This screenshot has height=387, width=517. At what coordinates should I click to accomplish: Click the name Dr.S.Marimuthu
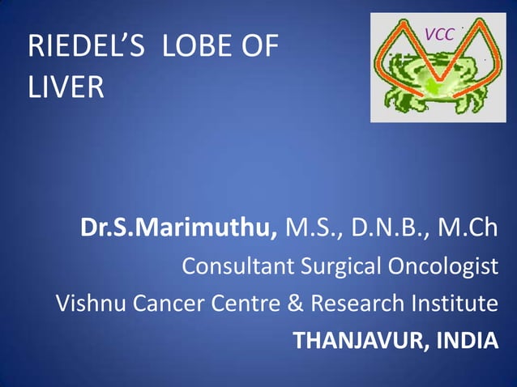click(179, 229)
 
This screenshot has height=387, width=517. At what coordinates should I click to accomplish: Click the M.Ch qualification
click(468, 229)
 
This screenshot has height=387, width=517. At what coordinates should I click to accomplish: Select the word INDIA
click(467, 341)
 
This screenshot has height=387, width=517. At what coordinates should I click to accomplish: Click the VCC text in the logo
click(438, 34)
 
